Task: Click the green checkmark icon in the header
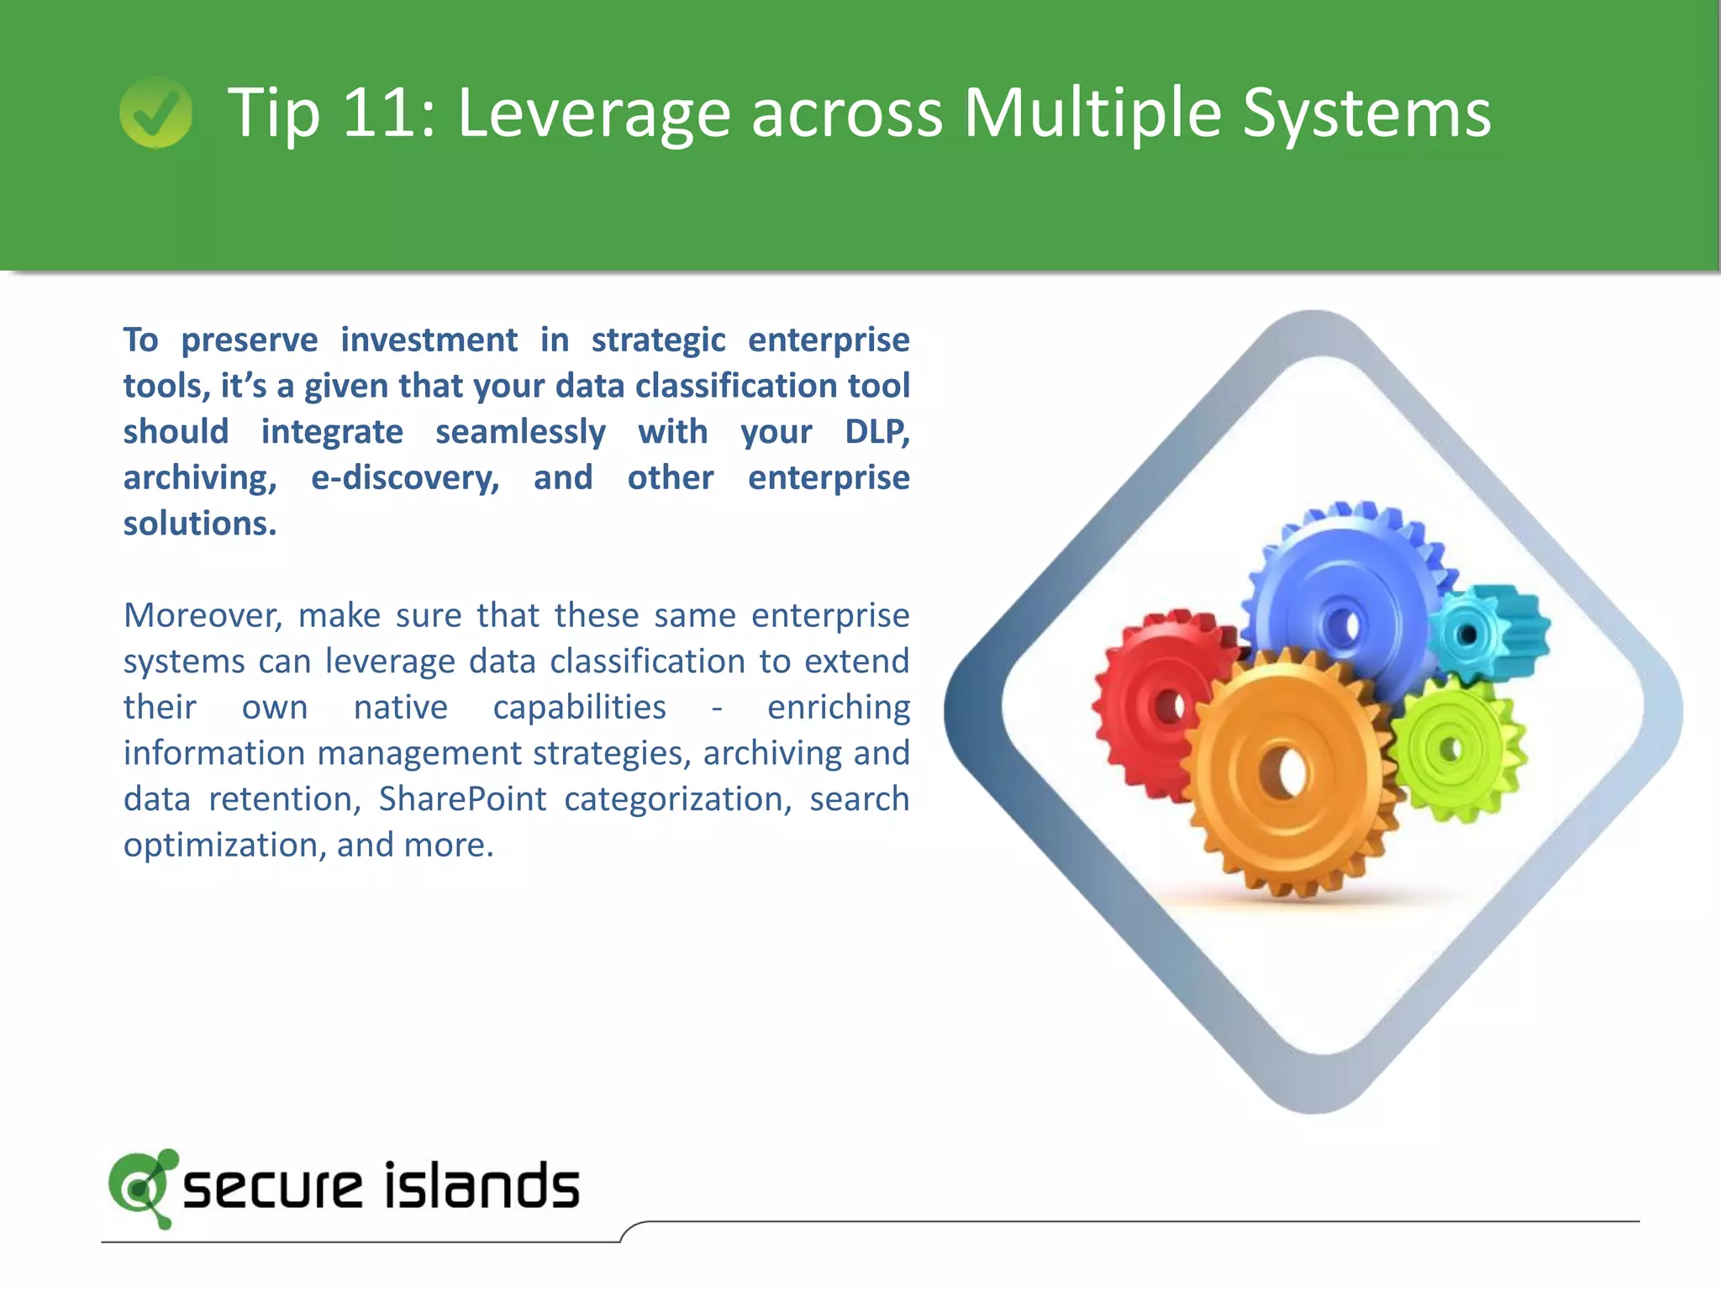coord(155,113)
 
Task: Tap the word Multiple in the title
coord(1092,113)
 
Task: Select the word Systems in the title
coord(1366,113)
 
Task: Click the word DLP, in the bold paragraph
coord(876,432)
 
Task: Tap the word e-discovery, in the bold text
coord(405,478)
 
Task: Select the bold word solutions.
coord(200,524)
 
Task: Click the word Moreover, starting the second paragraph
coord(203,616)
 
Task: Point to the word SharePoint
coord(462,799)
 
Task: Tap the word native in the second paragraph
coord(400,708)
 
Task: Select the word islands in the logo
coord(482,1187)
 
